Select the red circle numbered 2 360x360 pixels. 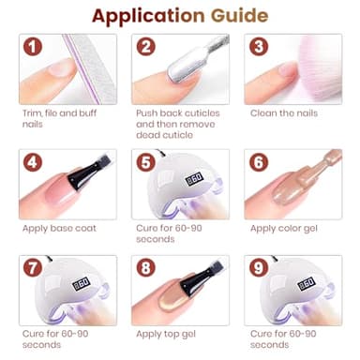pyautogui.click(x=145, y=47)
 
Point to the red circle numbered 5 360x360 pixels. pyautogui.click(x=145, y=161)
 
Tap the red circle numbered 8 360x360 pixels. pyautogui.click(x=145, y=268)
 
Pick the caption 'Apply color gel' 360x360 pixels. pyautogui.click(x=285, y=228)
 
